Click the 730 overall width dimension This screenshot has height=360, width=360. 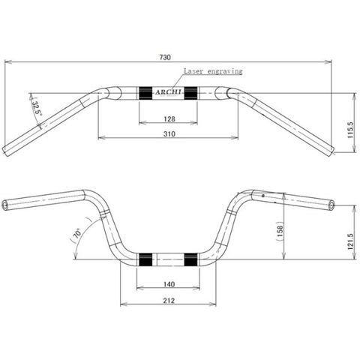point(165,57)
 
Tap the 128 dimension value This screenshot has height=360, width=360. point(169,119)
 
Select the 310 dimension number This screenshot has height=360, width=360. point(169,134)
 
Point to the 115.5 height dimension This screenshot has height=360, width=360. point(350,130)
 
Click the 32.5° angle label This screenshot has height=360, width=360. point(36,107)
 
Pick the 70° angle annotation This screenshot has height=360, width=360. point(76,235)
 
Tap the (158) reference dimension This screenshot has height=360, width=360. point(280,231)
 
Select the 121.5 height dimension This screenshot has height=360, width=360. point(350,241)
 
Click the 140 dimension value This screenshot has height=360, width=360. point(169,284)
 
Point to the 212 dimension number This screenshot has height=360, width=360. point(169,300)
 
